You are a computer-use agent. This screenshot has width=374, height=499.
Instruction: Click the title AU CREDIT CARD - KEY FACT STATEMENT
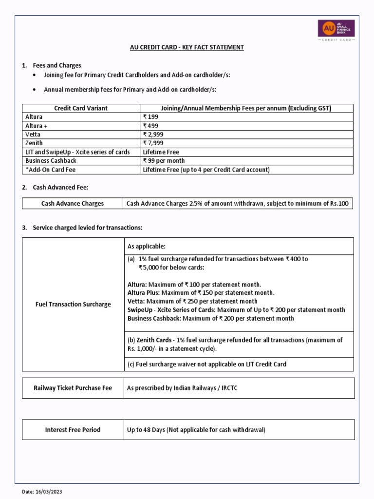(x=187, y=47)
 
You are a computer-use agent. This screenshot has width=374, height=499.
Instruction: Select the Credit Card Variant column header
(x=81, y=108)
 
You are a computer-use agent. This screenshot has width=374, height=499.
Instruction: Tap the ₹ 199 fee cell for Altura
(x=150, y=117)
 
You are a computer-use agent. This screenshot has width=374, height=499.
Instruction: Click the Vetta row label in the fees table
(x=33, y=134)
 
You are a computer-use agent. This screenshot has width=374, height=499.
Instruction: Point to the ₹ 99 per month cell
(x=164, y=161)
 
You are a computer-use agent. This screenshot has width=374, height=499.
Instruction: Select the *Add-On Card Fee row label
(x=50, y=170)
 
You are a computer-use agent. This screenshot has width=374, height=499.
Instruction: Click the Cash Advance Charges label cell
(x=72, y=203)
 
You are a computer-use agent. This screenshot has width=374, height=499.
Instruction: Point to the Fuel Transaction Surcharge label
(x=73, y=304)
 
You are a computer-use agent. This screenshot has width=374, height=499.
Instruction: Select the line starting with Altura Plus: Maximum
(x=201, y=293)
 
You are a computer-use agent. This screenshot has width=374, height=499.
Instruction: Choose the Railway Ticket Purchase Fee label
(x=73, y=388)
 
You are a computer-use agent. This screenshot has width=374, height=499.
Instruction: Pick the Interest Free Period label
(x=73, y=430)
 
